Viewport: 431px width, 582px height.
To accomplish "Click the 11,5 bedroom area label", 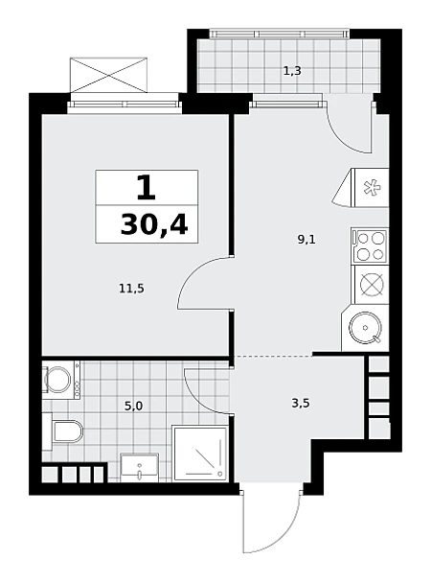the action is click(131, 288).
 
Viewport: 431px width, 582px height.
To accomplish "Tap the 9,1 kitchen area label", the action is click(306, 240).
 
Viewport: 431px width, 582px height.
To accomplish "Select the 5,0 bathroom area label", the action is click(133, 407).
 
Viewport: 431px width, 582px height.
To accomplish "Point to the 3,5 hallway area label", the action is click(301, 403).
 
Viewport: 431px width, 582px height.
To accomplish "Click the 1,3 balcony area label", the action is click(292, 71).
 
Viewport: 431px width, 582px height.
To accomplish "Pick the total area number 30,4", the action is click(154, 225).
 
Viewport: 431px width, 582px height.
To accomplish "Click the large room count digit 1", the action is click(147, 188).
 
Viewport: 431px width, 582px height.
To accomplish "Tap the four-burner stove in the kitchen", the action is click(370, 245).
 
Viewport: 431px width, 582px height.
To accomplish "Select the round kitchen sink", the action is click(365, 328).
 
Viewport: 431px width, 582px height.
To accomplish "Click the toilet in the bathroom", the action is click(63, 431).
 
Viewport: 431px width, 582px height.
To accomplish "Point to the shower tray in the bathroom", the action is click(200, 454).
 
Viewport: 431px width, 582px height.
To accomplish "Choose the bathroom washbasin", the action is click(139, 467).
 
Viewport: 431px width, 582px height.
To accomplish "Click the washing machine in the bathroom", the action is click(61, 380).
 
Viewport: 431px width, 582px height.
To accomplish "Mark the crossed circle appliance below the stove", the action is click(372, 285).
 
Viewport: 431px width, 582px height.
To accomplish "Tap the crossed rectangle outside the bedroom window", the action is click(108, 75).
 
